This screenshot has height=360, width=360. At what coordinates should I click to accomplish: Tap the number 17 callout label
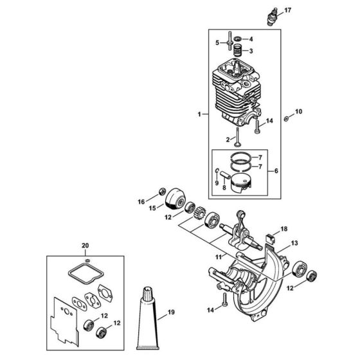pos(287,10)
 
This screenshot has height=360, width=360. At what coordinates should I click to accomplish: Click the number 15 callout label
pos(153,208)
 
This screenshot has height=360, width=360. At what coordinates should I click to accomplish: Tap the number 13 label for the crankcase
pos(294,242)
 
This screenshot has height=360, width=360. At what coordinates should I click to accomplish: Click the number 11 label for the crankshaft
pos(219,256)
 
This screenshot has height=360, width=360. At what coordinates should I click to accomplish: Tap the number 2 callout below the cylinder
pos(225,139)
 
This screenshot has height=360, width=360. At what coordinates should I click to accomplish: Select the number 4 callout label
pos(251,39)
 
